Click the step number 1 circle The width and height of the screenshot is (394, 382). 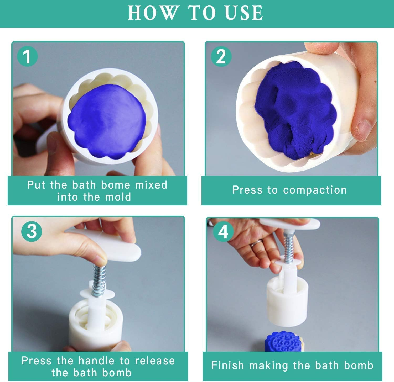(x=27, y=57)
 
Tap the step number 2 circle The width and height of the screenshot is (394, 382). (x=221, y=57)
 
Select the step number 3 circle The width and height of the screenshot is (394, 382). (x=32, y=231)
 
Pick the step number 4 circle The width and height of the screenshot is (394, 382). (x=223, y=232)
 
